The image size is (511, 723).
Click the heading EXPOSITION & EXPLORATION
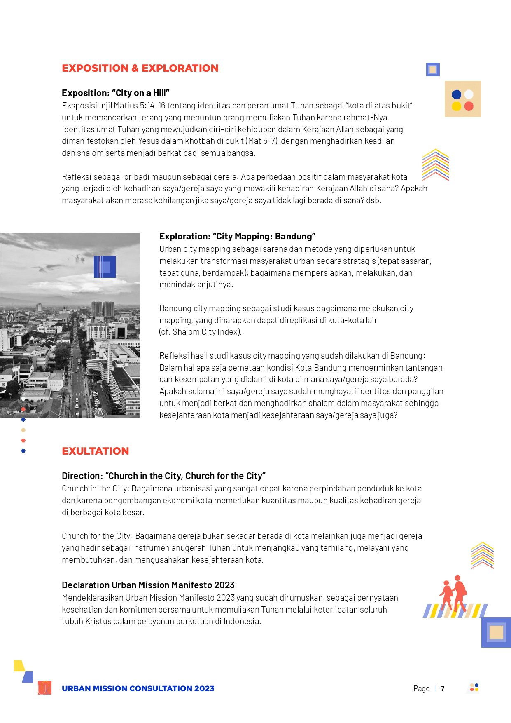click(x=140, y=68)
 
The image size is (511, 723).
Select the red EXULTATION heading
click(x=96, y=451)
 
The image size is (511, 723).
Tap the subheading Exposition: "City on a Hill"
click(x=115, y=93)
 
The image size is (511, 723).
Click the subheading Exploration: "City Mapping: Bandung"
click(x=237, y=236)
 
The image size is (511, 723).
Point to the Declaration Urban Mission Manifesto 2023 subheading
click(x=148, y=585)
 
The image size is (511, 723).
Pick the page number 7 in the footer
click(x=443, y=688)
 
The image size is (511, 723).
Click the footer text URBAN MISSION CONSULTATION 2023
click(x=138, y=688)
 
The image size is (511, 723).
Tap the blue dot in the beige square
click(x=456, y=94)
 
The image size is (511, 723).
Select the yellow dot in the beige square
click(x=456, y=106)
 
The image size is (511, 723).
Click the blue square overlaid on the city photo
click(x=105, y=267)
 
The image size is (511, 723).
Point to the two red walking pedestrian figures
click(x=454, y=594)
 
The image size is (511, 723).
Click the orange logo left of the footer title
click(x=44, y=688)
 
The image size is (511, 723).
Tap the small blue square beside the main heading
click(x=433, y=69)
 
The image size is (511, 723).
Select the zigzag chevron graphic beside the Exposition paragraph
click(x=435, y=165)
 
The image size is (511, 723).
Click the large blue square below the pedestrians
click(x=496, y=632)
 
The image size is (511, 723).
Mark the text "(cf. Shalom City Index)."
click(x=201, y=332)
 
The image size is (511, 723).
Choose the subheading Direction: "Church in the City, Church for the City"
click(x=163, y=476)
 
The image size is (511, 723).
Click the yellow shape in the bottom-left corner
click(x=19, y=665)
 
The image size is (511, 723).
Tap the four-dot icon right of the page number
click(x=474, y=687)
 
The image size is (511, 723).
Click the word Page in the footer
click(x=421, y=688)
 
